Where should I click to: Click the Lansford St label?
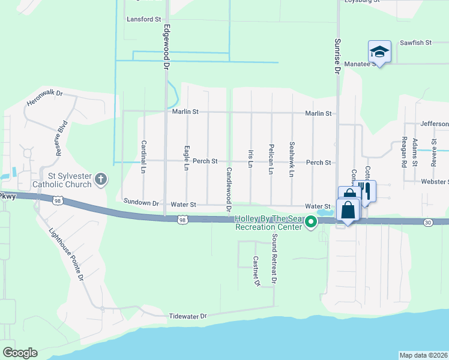143,19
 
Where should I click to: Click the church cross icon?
101,178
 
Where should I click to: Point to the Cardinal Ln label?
144,157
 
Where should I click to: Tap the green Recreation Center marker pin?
311,223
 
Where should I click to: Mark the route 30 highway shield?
427,222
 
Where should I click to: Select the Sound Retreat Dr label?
274,259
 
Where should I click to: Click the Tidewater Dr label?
187,316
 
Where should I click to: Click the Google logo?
20,353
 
